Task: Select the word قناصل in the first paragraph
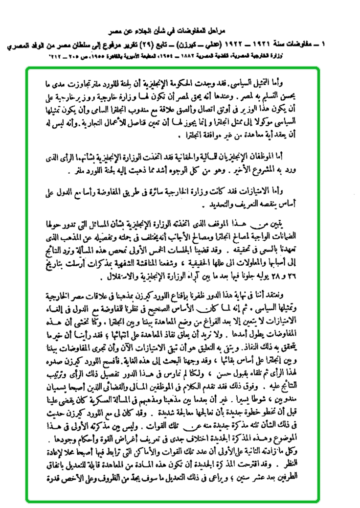(x=160, y=120)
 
